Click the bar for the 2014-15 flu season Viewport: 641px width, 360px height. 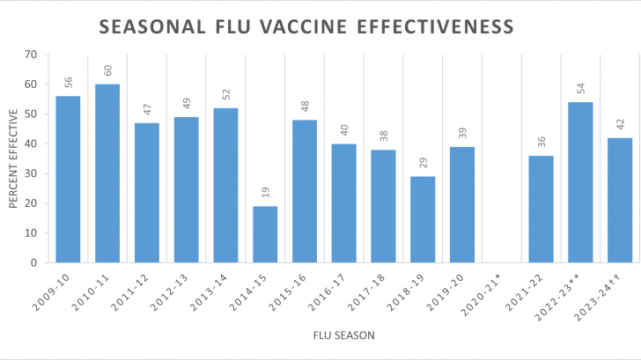pos(265,234)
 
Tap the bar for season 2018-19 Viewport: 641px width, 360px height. pos(423,219)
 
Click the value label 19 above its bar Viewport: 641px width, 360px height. pos(266,192)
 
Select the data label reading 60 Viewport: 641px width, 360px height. pos(107,70)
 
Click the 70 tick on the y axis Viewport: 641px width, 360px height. pos(30,55)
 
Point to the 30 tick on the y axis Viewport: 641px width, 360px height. pos(30,173)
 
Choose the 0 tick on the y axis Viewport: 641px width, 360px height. pos(33,262)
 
